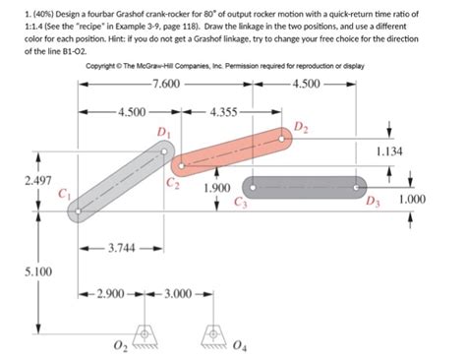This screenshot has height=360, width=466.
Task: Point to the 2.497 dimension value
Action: click(x=23, y=183)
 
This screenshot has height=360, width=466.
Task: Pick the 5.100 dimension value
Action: click(x=23, y=270)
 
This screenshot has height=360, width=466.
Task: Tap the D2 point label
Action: click(x=301, y=128)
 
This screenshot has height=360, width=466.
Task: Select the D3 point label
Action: click(x=370, y=204)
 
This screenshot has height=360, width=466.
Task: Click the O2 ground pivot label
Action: click(x=119, y=346)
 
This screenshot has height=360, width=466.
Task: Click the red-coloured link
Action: click(x=232, y=153)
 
